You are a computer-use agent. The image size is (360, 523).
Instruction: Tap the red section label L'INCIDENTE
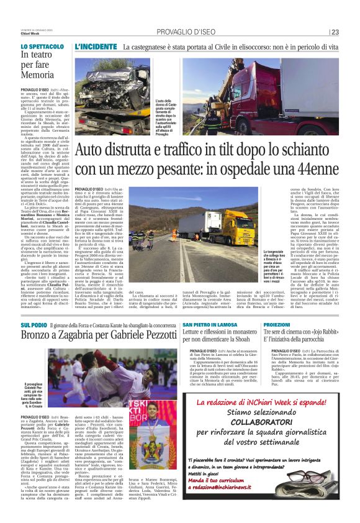click(x=96, y=47)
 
